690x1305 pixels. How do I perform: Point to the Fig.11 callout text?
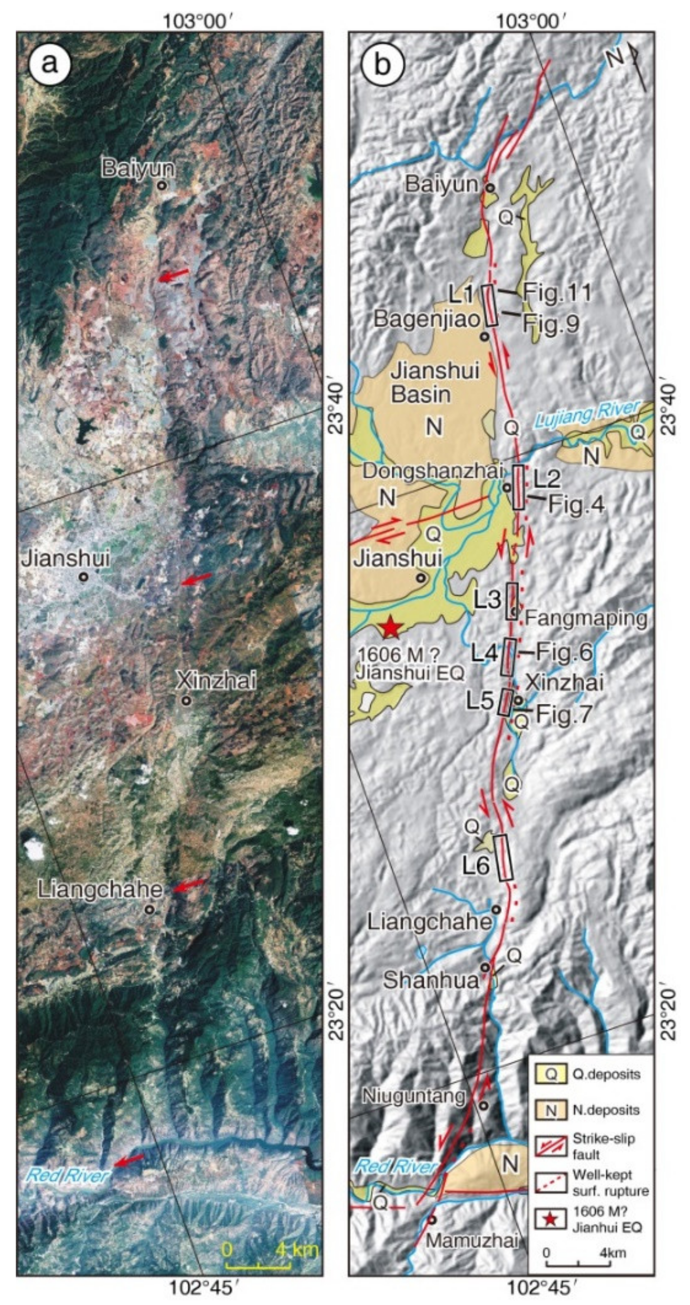tap(557, 292)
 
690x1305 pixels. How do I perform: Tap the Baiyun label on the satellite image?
tap(138, 169)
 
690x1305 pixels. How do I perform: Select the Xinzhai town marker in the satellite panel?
tap(186, 701)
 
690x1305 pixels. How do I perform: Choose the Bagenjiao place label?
tap(427, 319)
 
